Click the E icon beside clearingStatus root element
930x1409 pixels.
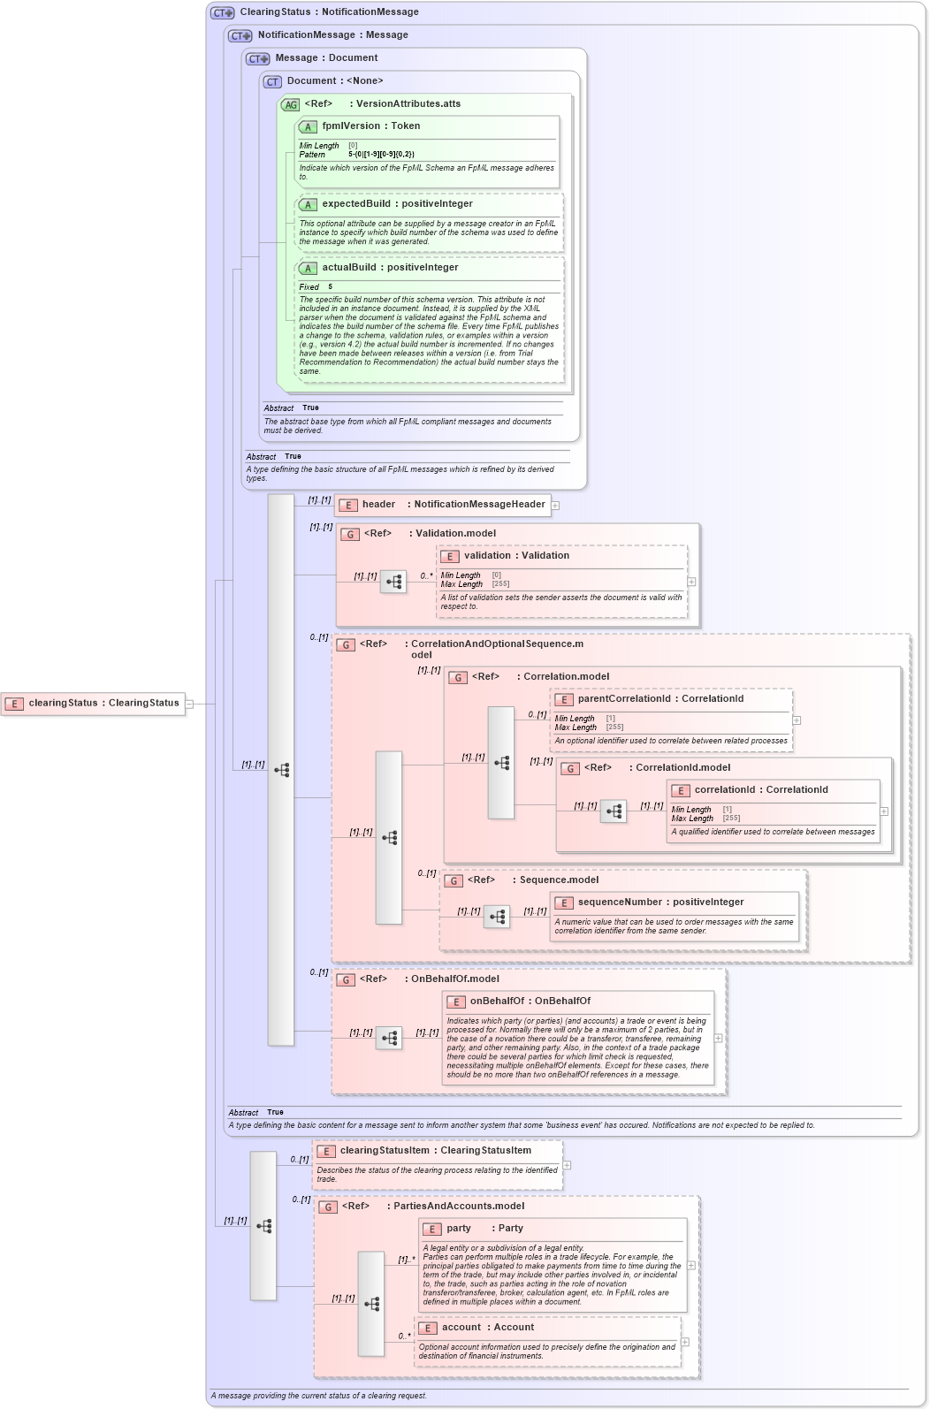14,704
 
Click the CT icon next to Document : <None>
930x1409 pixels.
272,81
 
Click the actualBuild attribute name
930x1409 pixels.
351,268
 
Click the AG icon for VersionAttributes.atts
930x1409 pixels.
290,104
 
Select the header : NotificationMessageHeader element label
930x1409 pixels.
453,505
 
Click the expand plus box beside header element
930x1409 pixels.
555,506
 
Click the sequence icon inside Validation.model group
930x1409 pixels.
393,582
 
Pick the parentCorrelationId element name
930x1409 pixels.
624,699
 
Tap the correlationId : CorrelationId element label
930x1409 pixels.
760,790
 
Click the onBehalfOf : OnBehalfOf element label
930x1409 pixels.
530,1002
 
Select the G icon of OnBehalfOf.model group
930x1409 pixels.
346,979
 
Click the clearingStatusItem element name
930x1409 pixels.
385,1151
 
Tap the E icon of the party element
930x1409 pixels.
431,1229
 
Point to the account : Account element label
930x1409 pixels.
488,1328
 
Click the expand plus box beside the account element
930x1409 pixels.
685,1342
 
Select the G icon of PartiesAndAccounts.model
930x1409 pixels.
328,1207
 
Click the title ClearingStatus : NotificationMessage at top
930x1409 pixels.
329,12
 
